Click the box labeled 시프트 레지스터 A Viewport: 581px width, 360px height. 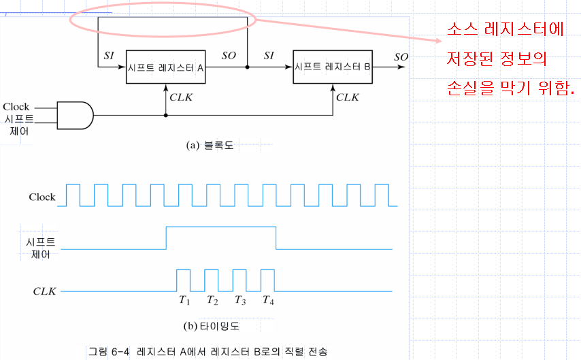click(x=166, y=67)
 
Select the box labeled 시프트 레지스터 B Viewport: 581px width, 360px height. click(x=333, y=67)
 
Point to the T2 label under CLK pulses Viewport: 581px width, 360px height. click(x=212, y=299)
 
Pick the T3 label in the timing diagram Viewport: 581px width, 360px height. click(x=240, y=299)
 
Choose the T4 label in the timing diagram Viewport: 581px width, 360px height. click(x=268, y=299)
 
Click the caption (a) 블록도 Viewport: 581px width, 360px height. click(x=210, y=145)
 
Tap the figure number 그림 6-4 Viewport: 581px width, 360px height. click(x=108, y=352)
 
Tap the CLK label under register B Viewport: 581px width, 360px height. click(x=348, y=97)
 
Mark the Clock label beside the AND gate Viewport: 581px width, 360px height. click(x=16, y=106)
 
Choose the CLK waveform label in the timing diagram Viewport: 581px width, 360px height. click(x=44, y=291)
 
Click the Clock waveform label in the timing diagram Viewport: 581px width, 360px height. click(x=42, y=197)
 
